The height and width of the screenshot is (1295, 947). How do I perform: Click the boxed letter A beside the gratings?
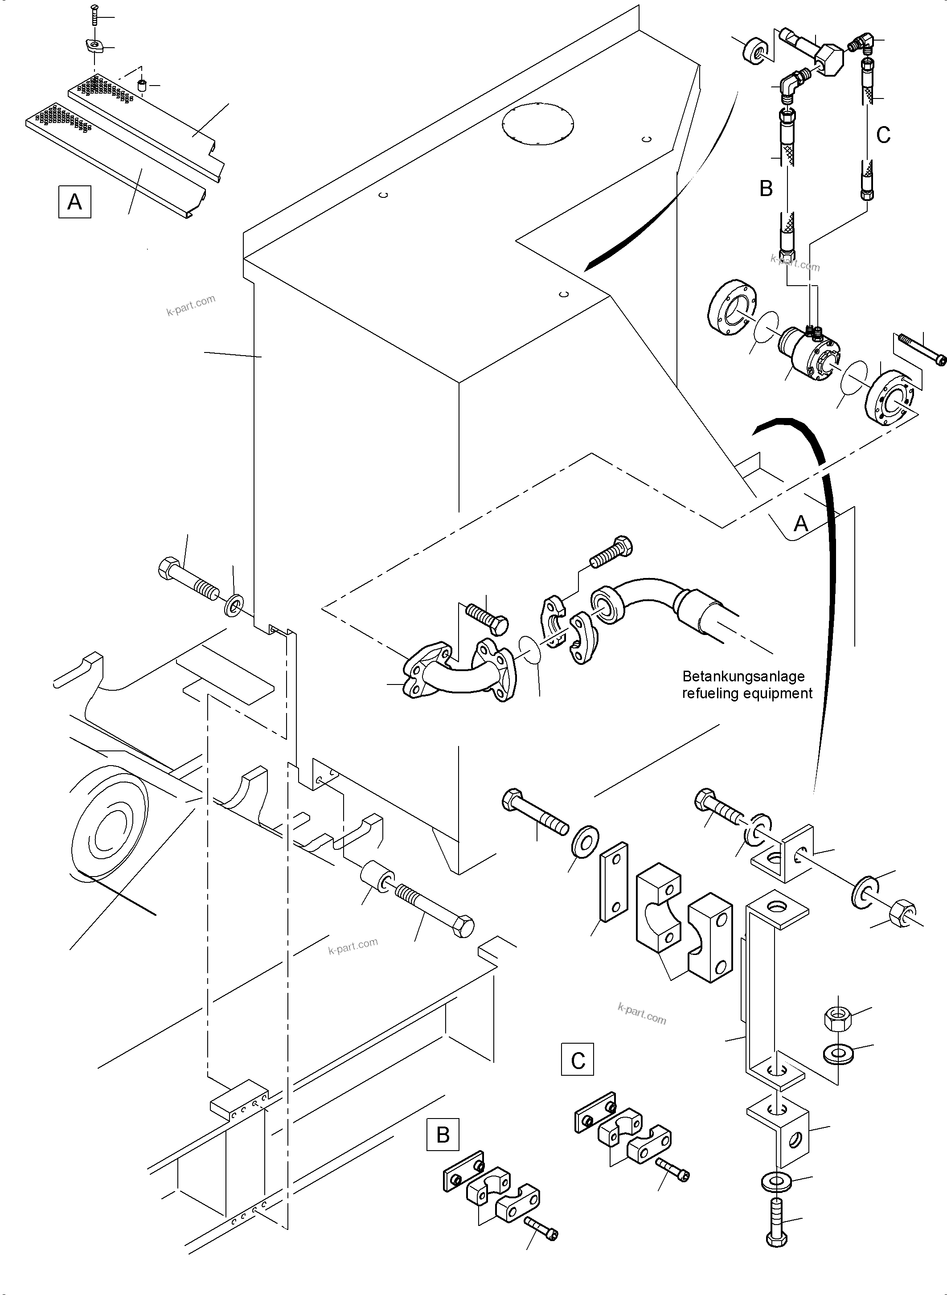click(74, 201)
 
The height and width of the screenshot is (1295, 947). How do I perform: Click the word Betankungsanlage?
click(743, 676)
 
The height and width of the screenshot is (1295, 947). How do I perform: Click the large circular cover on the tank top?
click(537, 124)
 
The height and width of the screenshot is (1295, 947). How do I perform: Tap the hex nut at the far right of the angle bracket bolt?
click(902, 911)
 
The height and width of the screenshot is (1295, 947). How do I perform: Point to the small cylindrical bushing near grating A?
click(142, 86)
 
